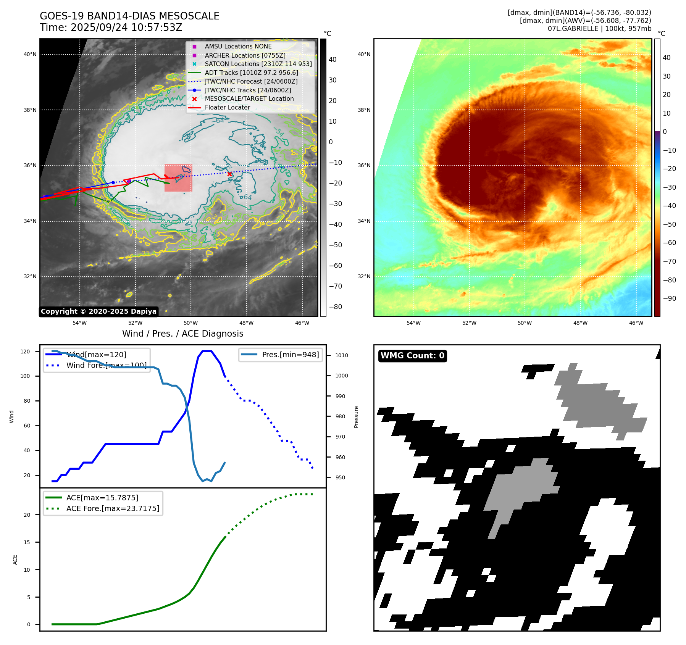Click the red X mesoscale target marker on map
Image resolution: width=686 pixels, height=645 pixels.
coord(229,174)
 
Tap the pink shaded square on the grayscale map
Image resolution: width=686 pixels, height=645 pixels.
coord(178,178)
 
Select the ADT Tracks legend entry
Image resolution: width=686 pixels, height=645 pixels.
coord(251,73)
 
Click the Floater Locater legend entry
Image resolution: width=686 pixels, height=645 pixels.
coord(227,108)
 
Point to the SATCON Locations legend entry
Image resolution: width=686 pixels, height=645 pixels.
coord(258,64)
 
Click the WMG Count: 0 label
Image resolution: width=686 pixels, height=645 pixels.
coord(412,356)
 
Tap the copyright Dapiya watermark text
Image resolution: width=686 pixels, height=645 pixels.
coord(98,311)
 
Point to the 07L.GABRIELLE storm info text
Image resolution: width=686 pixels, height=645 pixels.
coord(599,29)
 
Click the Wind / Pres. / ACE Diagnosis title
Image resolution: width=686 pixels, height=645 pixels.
coord(182,334)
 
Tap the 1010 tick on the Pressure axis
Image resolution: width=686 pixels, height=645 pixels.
coord(342,355)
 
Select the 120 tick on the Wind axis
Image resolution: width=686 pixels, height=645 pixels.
coord(25,352)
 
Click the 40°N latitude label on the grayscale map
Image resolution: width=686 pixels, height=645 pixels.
coord(30,54)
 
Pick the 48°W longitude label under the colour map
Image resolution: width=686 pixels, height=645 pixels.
coord(580,323)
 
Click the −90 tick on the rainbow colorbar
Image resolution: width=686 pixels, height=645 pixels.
coord(669,298)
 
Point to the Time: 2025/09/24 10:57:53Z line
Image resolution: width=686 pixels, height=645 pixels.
coord(111,27)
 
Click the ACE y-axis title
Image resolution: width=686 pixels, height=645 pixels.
coord(15,560)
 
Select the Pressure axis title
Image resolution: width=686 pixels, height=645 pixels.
coord(357,417)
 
